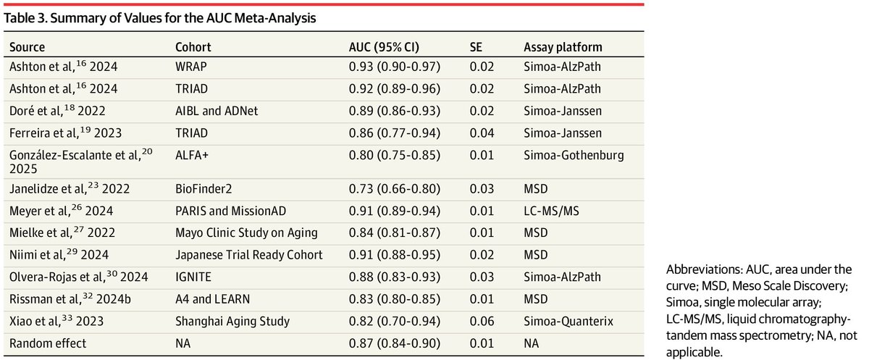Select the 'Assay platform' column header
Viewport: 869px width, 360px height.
click(563, 47)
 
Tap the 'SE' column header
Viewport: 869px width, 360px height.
click(476, 47)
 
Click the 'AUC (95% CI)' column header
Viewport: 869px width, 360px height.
click(384, 47)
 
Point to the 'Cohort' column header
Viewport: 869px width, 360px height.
click(193, 47)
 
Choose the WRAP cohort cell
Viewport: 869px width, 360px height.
click(191, 67)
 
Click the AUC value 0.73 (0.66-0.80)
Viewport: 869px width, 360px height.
click(395, 188)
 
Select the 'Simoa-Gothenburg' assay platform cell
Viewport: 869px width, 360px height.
click(574, 155)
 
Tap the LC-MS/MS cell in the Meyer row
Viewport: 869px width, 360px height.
click(551, 211)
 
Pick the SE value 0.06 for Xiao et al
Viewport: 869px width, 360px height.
click(482, 321)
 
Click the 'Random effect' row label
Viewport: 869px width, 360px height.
click(48, 343)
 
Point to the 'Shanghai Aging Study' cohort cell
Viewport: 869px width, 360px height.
click(232, 321)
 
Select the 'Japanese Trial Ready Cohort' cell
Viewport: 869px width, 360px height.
click(248, 255)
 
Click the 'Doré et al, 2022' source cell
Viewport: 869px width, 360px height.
click(57, 110)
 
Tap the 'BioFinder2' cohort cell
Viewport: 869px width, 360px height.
click(203, 188)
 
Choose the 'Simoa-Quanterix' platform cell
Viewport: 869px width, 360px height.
click(568, 321)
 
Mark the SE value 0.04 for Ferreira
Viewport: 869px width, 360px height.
click(482, 133)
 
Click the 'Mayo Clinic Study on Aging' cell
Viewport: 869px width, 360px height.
click(246, 233)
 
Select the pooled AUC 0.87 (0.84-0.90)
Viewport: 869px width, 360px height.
click(395, 343)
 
